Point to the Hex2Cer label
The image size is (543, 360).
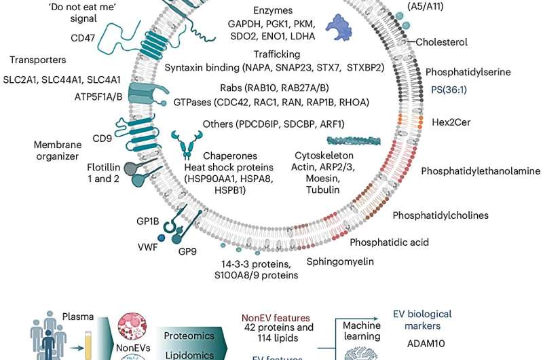point(451,122)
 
